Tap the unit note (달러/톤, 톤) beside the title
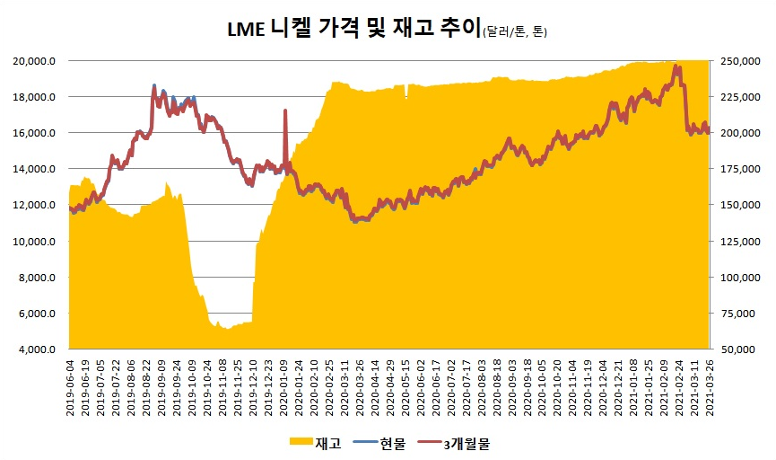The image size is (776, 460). click(514, 32)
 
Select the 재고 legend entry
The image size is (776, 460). click(318, 443)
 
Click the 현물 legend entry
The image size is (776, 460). click(393, 443)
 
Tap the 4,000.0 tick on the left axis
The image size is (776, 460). click(39, 349)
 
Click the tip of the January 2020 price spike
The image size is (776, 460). click(285, 111)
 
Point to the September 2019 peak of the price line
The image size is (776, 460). click(154, 86)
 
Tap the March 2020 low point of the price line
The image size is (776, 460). click(355, 220)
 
